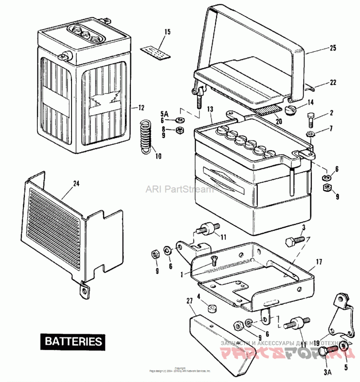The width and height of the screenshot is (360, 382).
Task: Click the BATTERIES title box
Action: pyautogui.click(x=73, y=341)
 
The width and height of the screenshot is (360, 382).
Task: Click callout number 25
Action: pyautogui.click(x=333, y=48)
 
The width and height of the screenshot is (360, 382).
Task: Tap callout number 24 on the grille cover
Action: pyautogui.click(x=76, y=183)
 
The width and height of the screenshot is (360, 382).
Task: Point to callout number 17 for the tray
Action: pyautogui.click(x=319, y=261)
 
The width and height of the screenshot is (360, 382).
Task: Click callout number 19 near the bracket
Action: pyautogui.click(x=317, y=342)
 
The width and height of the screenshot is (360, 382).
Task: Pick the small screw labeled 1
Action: pyautogui.click(x=214, y=258)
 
